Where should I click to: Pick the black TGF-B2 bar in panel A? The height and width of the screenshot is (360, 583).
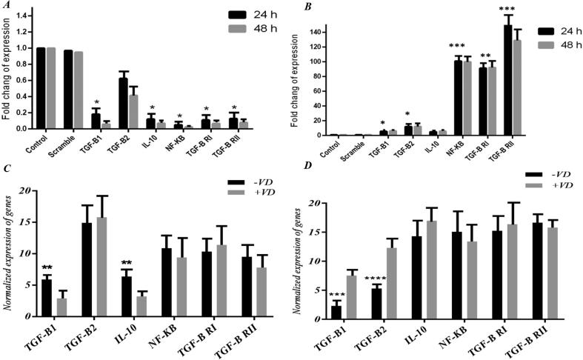click(103, 104)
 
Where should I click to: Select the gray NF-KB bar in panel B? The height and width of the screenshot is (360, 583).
click(446, 98)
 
